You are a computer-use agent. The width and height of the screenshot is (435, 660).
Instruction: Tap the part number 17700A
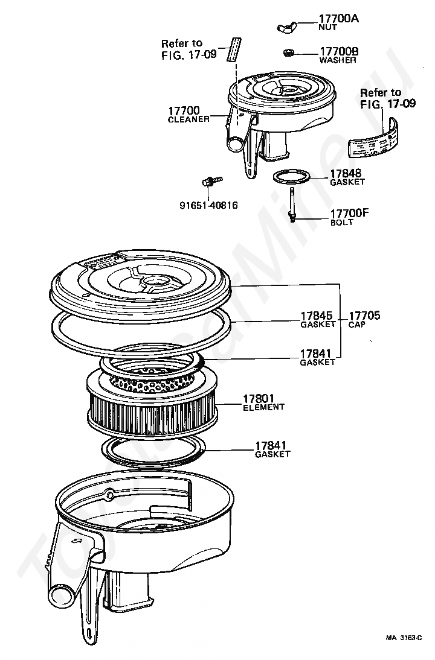[x=338, y=19]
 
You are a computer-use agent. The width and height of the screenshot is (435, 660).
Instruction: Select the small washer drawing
[x=289, y=53]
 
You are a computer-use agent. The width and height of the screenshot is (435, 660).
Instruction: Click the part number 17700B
[x=338, y=52]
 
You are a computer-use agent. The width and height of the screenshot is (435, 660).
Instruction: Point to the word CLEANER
[x=188, y=119]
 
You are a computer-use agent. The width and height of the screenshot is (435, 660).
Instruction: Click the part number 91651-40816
[x=208, y=205]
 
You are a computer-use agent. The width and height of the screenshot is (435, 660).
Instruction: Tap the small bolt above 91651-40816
[x=212, y=180]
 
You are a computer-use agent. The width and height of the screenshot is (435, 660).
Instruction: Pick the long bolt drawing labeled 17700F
[x=292, y=205]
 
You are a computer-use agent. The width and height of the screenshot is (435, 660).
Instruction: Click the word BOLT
[x=342, y=223]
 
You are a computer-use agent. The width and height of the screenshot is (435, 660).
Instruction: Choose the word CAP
[x=357, y=324]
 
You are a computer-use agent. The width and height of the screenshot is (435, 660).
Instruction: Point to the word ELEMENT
[x=263, y=407]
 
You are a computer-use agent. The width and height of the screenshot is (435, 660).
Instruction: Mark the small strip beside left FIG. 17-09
[x=233, y=49]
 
